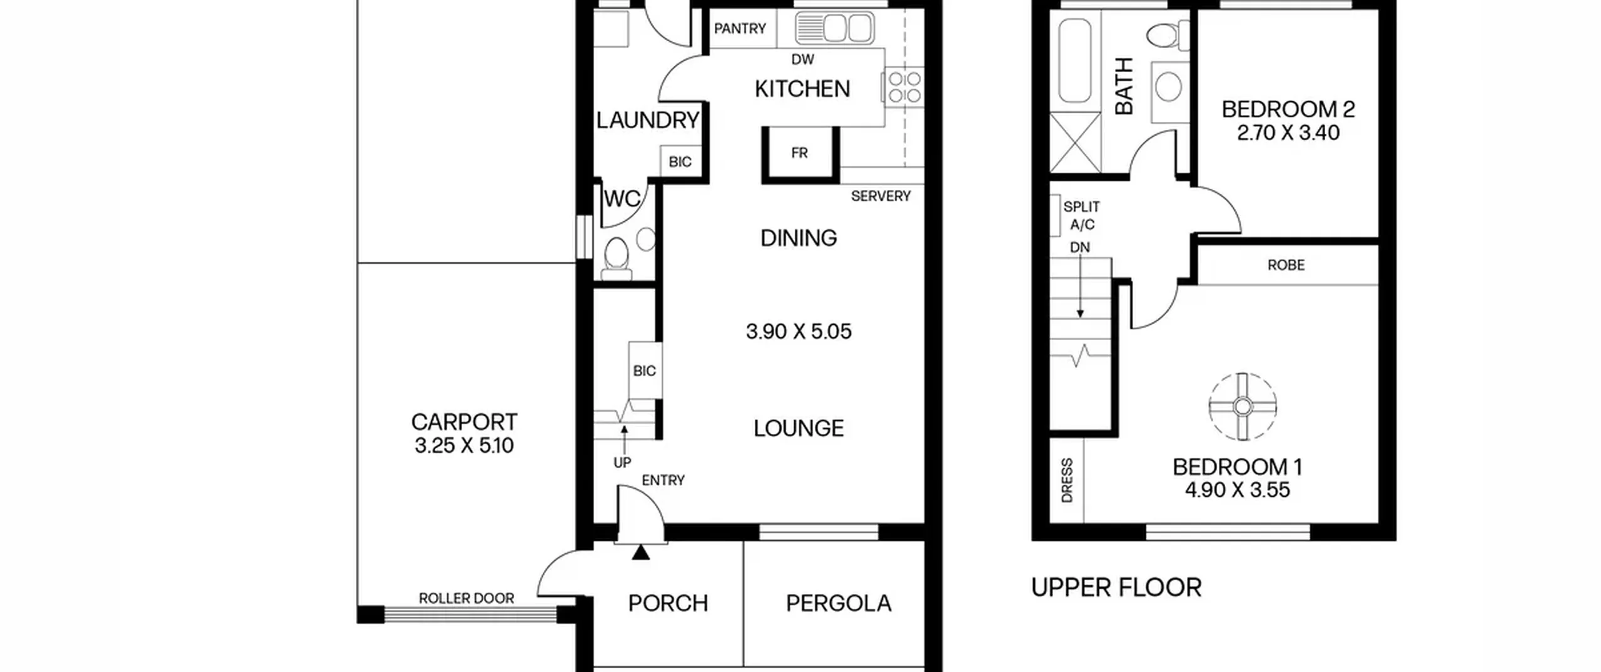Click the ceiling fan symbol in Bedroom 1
click(x=1243, y=407)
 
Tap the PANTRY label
click(x=740, y=29)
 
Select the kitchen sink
click(x=834, y=28)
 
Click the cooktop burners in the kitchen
click(x=905, y=87)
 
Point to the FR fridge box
click(x=799, y=154)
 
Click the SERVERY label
click(x=881, y=196)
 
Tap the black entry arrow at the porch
click(x=641, y=552)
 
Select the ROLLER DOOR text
click(x=467, y=598)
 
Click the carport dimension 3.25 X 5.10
click(x=464, y=446)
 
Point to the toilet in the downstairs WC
click(x=617, y=258)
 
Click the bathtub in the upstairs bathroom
click(x=1075, y=60)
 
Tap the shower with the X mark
click(x=1075, y=143)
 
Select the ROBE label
click(x=1286, y=265)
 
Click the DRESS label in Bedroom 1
click(x=1067, y=481)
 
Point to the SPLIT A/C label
click(x=1081, y=216)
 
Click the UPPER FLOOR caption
click(x=1116, y=588)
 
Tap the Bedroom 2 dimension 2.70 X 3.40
click(x=1288, y=133)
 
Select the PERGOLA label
click(x=839, y=603)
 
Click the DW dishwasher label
click(x=803, y=59)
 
